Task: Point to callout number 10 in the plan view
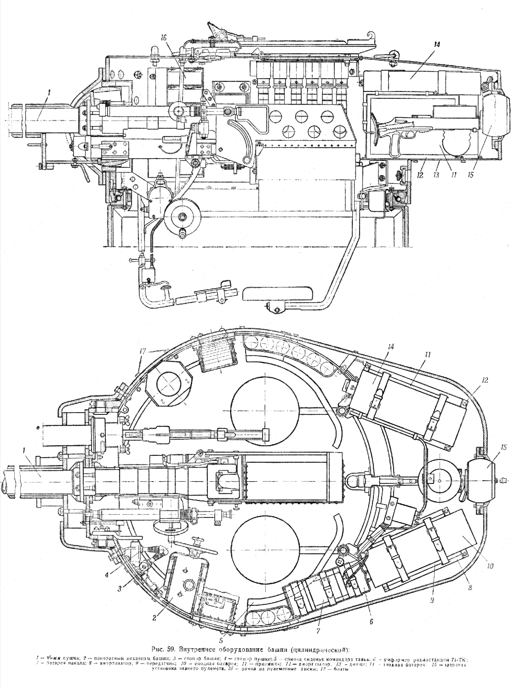pos(491,565)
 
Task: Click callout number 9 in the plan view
pos(431,601)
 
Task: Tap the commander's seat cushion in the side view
pos(278,294)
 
